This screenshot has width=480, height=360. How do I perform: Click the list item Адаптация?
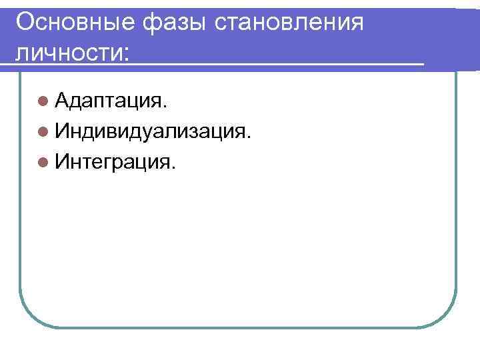point(111,102)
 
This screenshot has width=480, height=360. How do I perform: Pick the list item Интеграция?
point(115,161)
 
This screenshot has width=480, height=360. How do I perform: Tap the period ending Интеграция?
point(173,167)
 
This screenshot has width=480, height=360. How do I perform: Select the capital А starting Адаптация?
point(65,101)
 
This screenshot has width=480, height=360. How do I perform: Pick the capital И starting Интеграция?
point(65,161)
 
